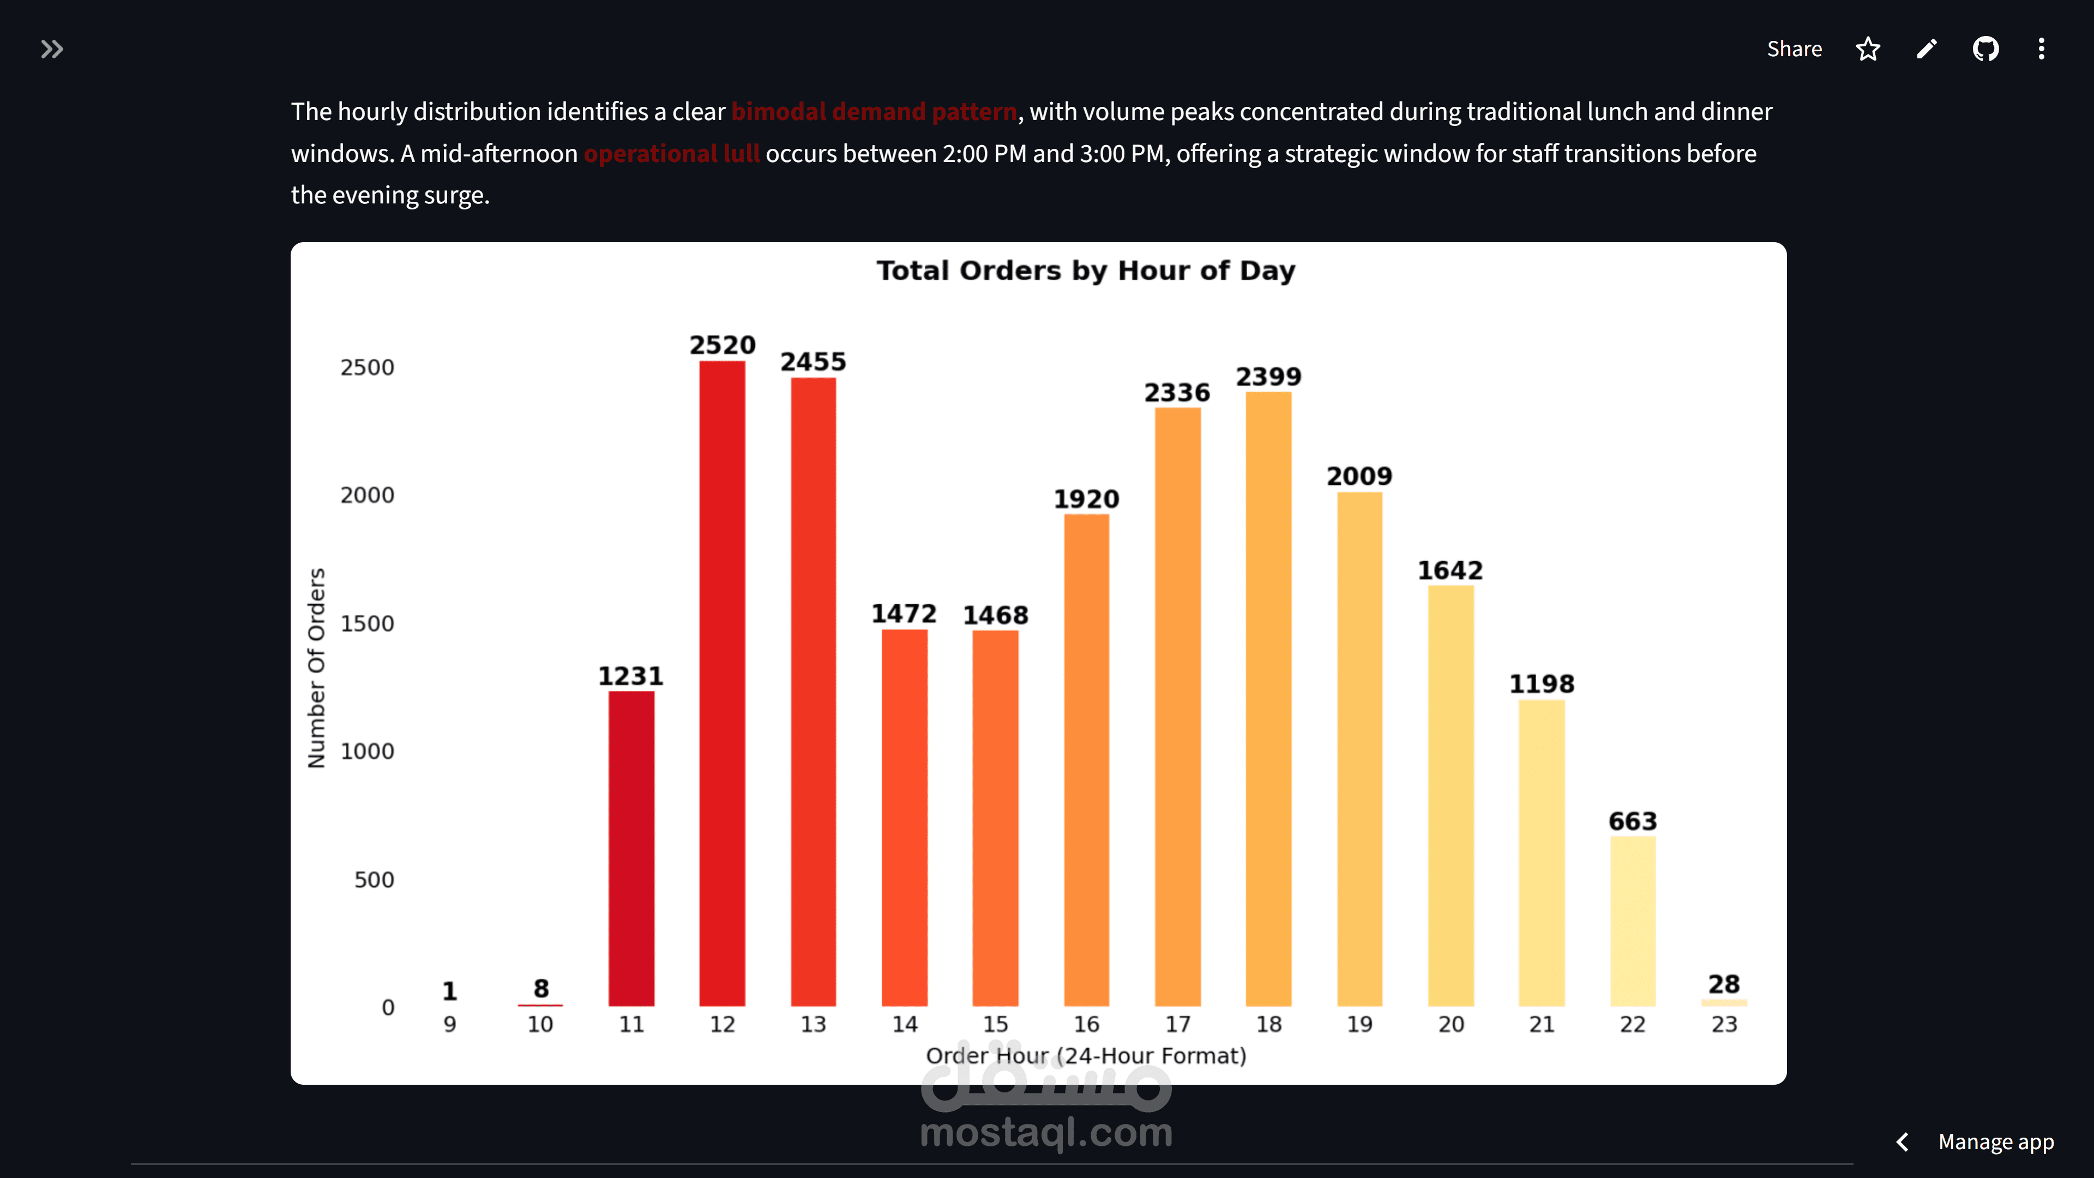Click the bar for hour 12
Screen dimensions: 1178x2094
(722, 683)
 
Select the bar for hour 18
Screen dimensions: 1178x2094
(1268, 699)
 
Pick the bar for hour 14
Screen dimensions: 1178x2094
(904, 817)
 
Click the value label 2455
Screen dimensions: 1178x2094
(813, 362)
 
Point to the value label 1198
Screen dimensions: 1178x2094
(1541, 684)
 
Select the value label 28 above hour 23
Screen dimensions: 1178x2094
(1723, 984)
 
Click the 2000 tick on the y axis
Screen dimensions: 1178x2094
(366, 495)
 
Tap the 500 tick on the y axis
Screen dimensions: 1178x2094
(374, 880)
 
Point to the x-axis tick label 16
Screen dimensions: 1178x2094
(1086, 1024)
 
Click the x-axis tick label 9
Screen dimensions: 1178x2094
(449, 1024)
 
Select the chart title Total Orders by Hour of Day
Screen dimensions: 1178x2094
(1085, 271)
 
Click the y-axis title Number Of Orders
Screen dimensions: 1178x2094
(316, 668)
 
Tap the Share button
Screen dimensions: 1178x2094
(1794, 49)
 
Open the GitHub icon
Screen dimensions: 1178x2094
(1985, 49)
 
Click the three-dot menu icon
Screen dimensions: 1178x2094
(2041, 49)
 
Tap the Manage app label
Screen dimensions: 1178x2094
(1996, 1141)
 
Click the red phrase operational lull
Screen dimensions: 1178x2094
(671, 154)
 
